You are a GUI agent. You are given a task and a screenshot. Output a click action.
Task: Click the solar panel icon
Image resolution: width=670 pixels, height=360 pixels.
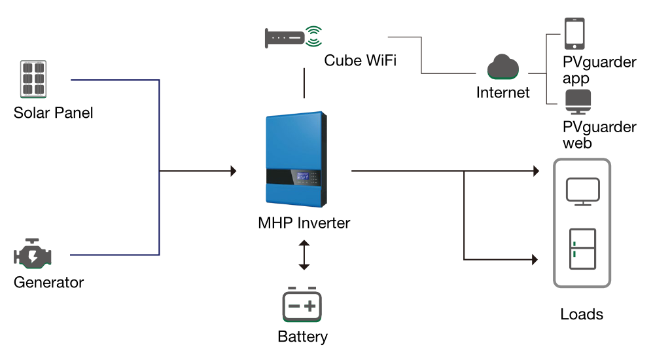[33, 79]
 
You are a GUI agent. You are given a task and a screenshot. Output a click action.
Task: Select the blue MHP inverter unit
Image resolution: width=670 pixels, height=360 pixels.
[296, 159]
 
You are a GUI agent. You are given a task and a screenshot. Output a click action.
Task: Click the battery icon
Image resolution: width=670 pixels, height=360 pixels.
[302, 304]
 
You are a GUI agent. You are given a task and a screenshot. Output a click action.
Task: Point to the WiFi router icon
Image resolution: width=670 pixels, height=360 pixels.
[293, 37]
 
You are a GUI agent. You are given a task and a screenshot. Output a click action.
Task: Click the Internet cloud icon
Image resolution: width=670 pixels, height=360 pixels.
[503, 67]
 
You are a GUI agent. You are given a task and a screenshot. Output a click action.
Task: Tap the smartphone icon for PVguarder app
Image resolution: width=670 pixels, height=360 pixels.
[574, 33]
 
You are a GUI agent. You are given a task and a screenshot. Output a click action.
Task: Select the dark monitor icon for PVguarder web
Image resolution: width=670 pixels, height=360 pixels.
[578, 101]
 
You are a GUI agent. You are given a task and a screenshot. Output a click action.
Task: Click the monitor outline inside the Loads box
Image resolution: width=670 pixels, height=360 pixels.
[583, 192]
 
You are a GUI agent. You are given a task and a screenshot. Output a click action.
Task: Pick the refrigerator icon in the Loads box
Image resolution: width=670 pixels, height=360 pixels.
[582, 249]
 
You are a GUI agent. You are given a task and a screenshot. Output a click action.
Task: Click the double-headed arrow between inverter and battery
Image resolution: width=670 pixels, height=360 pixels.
[304, 255]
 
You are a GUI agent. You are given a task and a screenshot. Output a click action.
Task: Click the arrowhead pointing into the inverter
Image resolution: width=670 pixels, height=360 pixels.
[234, 171]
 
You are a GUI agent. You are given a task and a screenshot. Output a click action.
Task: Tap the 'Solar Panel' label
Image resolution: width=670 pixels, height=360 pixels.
[54, 113]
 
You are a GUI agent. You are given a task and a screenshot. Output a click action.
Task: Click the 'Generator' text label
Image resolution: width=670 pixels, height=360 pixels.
[48, 282]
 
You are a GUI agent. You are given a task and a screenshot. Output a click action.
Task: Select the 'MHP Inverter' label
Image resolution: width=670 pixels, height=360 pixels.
[304, 223]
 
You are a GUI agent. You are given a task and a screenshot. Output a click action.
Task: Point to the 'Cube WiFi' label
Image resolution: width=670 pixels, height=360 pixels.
[361, 60]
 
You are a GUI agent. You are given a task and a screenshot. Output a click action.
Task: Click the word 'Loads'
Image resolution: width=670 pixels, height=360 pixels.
[582, 314]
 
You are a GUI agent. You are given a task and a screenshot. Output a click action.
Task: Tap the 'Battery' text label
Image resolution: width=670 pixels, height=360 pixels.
[302, 337]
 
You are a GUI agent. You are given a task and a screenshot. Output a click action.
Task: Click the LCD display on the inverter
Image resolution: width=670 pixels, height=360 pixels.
[302, 176]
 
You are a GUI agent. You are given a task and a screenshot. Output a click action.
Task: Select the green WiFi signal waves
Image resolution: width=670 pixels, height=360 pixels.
[314, 37]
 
